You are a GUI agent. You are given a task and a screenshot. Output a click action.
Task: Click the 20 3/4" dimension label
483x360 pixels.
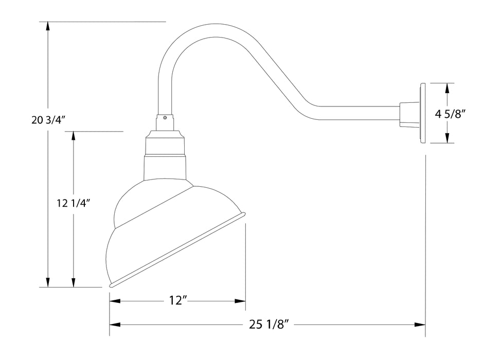click(x=47, y=121)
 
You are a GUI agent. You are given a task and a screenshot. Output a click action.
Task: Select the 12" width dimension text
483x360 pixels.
click(x=176, y=301)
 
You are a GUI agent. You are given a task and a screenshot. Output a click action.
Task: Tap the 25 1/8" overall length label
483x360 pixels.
click(x=267, y=325)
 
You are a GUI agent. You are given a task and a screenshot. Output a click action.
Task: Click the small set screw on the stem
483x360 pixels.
click(x=165, y=117)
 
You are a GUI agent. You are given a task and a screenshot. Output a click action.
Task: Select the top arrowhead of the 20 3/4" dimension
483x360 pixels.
click(x=48, y=26)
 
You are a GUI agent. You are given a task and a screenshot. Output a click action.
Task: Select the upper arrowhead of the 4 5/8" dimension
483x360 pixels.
click(x=448, y=88)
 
